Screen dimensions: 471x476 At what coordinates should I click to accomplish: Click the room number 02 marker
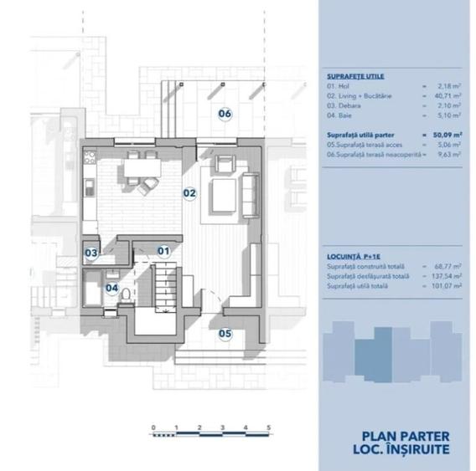point(189,192)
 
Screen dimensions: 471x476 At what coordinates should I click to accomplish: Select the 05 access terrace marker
point(225,333)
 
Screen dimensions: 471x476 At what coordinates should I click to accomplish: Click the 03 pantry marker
point(91,253)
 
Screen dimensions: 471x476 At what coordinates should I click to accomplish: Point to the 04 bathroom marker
point(111,288)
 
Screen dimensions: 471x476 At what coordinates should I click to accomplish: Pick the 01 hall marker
point(163,249)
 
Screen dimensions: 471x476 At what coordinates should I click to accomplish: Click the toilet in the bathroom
point(124,294)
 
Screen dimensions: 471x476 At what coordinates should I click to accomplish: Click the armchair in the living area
point(223,163)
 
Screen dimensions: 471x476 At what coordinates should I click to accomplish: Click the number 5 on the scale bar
point(268,427)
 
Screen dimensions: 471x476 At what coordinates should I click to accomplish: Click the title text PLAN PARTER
point(406,435)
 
